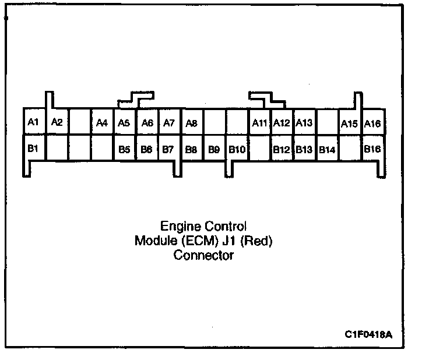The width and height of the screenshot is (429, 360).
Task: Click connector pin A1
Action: (x=33, y=122)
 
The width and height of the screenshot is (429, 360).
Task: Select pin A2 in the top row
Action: (x=57, y=122)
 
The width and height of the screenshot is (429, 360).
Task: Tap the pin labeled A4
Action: (x=102, y=122)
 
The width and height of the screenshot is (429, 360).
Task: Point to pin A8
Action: (x=191, y=122)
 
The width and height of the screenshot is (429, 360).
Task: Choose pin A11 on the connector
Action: (x=259, y=122)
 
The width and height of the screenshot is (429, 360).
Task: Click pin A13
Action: (x=304, y=122)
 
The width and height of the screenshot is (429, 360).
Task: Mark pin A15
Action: (x=349, y=123)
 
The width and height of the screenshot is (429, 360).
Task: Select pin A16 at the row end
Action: (x=372, y=123)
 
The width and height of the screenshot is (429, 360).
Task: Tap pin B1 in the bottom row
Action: (x=33, y=148)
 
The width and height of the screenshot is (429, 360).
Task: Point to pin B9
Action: (x=214, y=150)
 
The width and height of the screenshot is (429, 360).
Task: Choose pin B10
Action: (x=237, y=150)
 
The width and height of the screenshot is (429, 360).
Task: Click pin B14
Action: (x=327, y=150)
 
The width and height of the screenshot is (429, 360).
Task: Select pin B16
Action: (x=372, y=149)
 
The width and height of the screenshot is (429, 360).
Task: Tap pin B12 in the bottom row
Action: (x=282, y=150)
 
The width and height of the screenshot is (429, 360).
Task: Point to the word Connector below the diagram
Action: (x=203, y=255)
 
